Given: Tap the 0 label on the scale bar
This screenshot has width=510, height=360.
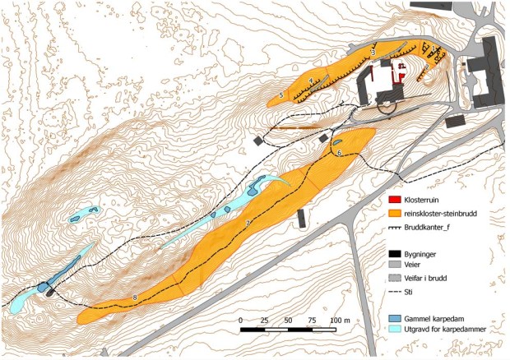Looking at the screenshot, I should point(240,319).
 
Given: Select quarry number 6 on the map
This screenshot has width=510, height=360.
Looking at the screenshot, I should point(339,153).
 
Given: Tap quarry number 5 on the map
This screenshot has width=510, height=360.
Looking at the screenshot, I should point(281,96).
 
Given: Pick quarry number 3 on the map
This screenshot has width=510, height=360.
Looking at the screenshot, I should point(373,53).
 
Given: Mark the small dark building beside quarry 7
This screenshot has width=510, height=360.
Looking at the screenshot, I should point(301,219).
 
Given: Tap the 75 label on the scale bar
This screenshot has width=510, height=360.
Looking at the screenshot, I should point(312,319).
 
